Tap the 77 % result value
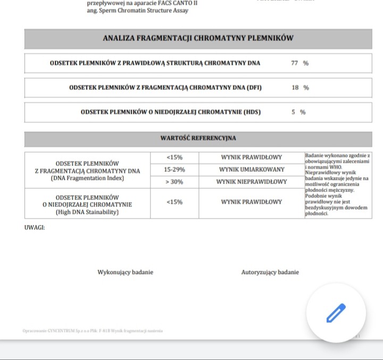299,63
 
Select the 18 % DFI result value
300,88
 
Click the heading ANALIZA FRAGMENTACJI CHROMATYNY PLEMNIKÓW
198,38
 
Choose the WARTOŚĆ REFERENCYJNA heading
198,138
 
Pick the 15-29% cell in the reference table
174,170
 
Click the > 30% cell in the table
174,182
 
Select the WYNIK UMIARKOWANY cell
252,170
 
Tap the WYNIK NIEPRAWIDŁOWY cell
252,182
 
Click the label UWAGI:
35,227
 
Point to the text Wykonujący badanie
125,272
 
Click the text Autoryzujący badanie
270,272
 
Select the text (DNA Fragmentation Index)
87,178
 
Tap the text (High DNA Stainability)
87,212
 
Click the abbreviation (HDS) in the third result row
252,112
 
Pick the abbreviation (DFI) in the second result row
253,88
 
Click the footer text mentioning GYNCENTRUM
93,331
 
